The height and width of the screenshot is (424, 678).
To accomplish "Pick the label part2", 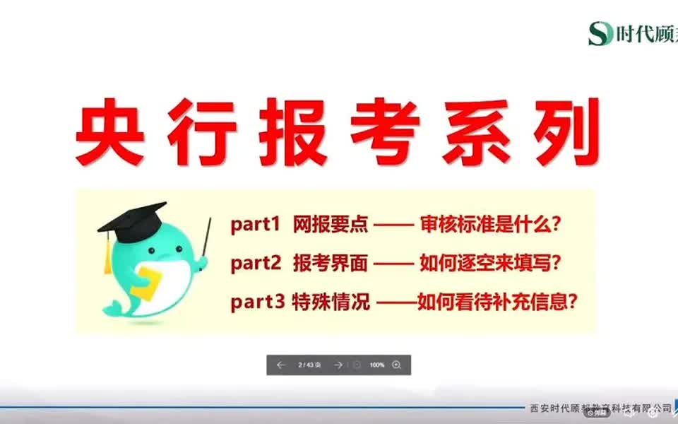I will coord(255,264).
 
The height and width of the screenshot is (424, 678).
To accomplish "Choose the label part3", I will coord(257,303).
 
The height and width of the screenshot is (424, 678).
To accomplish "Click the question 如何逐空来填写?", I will coord(490,264).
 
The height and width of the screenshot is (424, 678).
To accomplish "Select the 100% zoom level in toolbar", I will coord(377,365).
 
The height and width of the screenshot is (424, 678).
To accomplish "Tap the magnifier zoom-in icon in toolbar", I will coord(396,365).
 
